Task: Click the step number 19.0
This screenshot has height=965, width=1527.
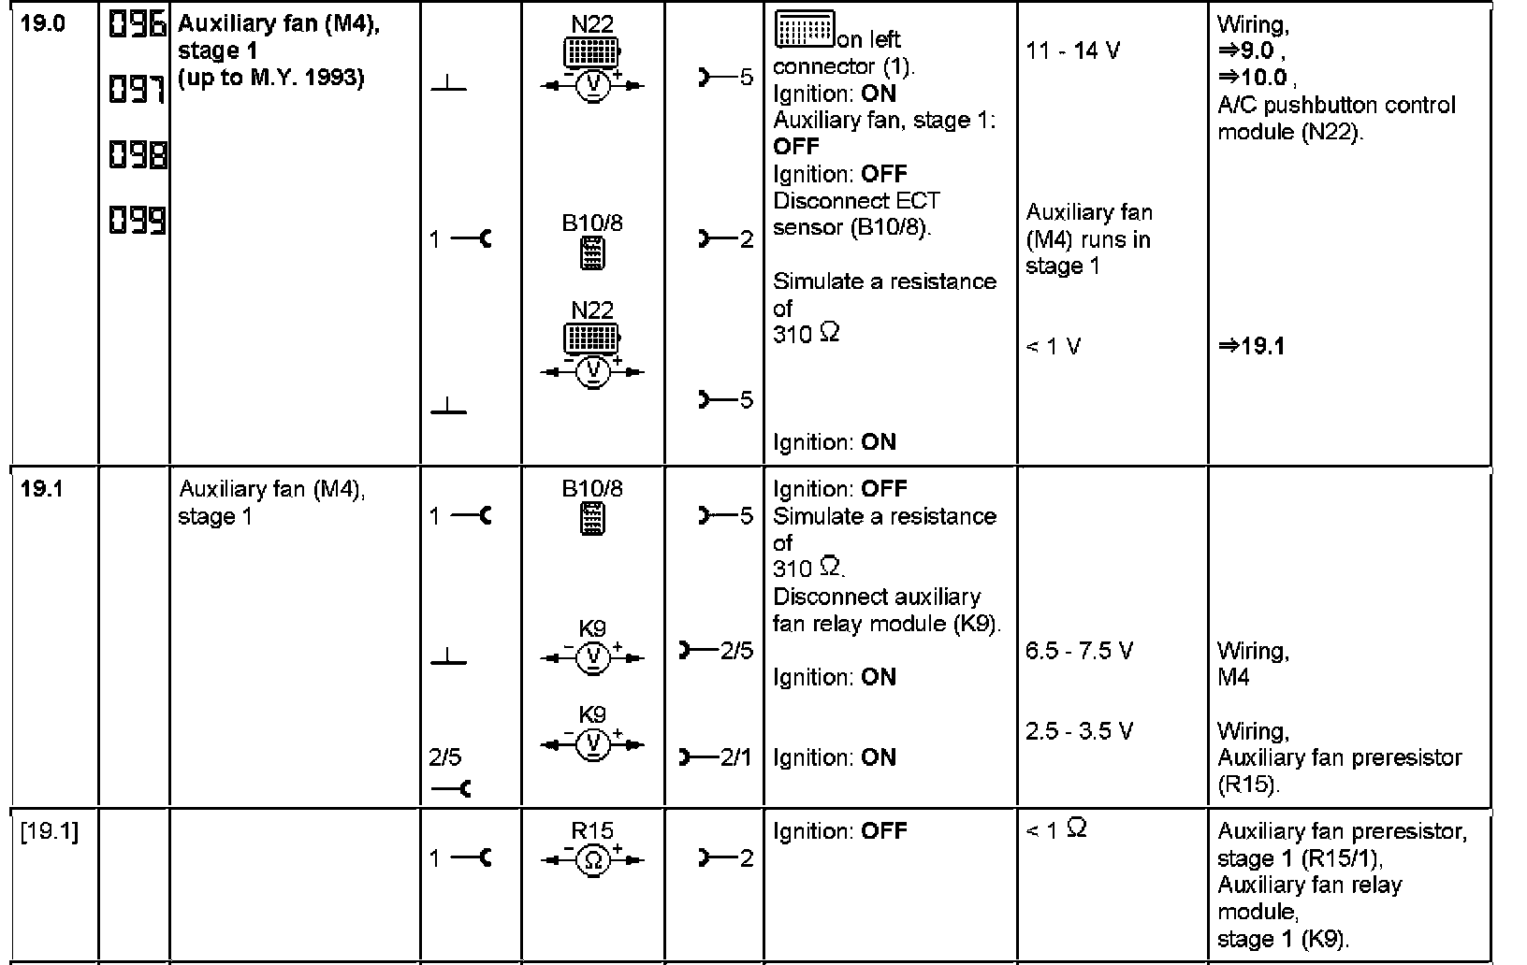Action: [43, 23]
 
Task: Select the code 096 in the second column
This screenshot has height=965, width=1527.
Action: [138, 24]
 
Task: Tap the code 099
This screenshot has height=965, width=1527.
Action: [138, 221]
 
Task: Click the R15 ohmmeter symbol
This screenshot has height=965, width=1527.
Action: [592, 859]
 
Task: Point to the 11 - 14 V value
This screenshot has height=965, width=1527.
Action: [1072, 50]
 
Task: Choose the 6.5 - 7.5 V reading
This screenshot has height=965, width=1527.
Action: [1079, 651]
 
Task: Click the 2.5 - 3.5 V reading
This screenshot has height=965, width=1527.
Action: [1079, 731]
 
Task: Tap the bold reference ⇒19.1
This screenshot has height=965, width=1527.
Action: [1251, 347]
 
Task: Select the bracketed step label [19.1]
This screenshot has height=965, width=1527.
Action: [50, 831]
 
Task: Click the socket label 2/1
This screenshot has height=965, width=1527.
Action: [735, 757]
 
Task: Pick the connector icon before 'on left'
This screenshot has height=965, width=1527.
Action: [804, 33]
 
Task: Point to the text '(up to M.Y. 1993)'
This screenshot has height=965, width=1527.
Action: [270, 78]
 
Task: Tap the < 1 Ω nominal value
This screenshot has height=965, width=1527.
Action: [1056, 829]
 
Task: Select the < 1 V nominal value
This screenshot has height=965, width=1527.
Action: [1053, 347]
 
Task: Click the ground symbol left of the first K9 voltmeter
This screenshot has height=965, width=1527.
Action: [449, 658]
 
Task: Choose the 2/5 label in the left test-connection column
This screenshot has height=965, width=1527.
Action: [445, 757]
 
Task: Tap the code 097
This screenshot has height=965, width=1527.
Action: [138, 90]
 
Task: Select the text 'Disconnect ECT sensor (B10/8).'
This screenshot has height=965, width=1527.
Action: [855, 214]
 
